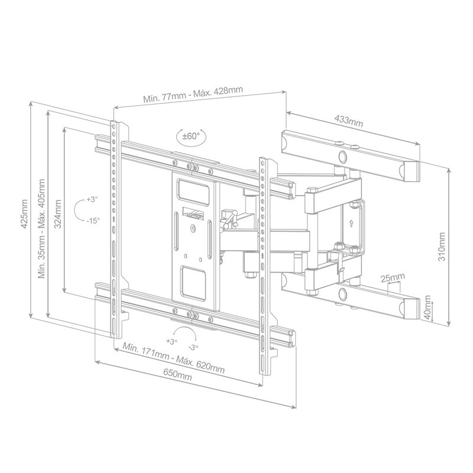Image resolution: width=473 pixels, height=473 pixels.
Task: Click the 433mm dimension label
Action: click(349, 121)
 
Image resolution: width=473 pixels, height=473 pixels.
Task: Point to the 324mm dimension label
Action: click(58, 213)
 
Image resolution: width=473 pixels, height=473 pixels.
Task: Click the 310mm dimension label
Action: click(441, 247)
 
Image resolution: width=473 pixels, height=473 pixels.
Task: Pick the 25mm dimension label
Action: click(392, 277)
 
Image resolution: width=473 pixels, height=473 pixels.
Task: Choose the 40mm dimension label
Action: click(427, 307)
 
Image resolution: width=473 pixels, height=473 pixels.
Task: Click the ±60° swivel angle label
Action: click(191, 136)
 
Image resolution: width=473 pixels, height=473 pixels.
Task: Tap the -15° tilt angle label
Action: click(92, 221)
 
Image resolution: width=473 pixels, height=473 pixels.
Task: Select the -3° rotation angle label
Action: click(193, 347)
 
